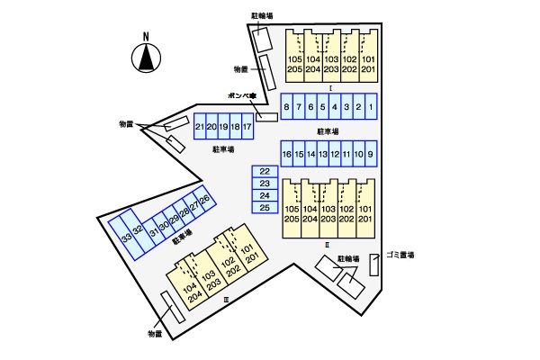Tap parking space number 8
[x=286, y=108]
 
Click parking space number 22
[x=265, y=171]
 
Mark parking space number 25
[x=265, y=208]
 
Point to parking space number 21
[x=199, y=128]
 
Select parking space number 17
[x=247, y=128]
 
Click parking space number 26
[x=204, y=199]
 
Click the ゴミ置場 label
[x=400, y=256]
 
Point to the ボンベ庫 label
[x=242, y=96]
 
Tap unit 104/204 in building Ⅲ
[x=190, y=293]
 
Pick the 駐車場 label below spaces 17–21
[x=224, y=150]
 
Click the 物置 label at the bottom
[x=155, y=334]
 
